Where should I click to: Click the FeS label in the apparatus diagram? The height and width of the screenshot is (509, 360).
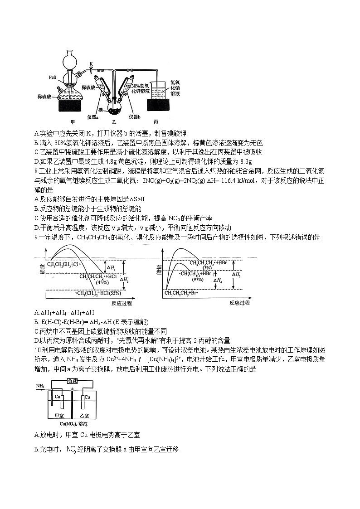(52, 78)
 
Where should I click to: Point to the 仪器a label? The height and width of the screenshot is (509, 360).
(92, 116)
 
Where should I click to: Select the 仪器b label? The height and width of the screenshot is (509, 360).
(135, 116)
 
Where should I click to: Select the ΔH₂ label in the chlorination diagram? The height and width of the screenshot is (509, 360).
(124, 280)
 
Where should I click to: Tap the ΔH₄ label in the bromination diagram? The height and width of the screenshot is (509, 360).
(219, 281)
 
